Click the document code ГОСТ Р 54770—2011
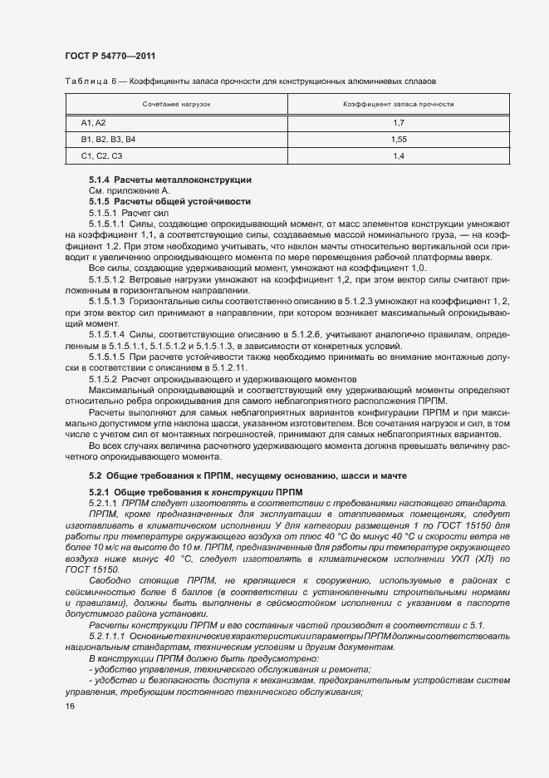tap(110, 56)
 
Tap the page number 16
tap(69, 707)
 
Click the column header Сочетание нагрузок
tap(176, 105)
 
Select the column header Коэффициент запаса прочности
tap(398, 105)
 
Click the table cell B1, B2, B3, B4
tap(107, 139)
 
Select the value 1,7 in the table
tap(398, 122)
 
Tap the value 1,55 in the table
tap(398, 139)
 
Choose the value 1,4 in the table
tap(398, 156)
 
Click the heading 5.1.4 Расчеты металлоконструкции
tap(170, 180)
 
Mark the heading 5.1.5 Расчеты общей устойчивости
tap(169, 202)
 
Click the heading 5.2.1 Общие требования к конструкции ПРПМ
tap(196, 492)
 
